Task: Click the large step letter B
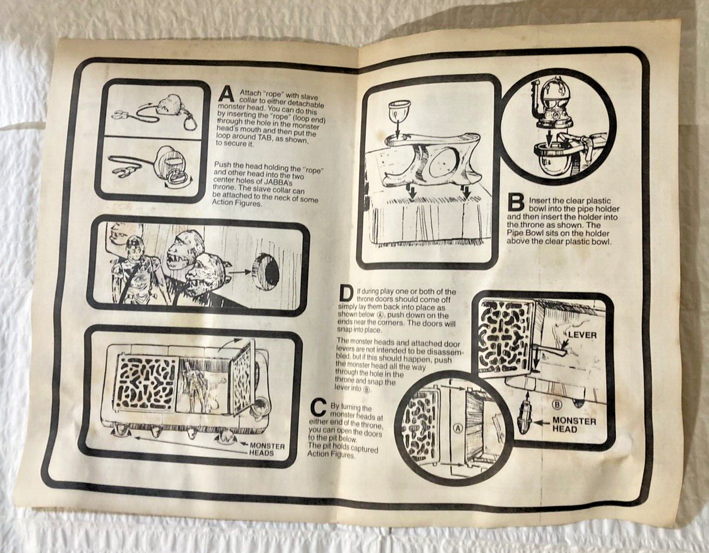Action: [x=516, y=203]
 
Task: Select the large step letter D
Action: [x=346, y=293]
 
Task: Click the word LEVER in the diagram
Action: [x=582, y=335]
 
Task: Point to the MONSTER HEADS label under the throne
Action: [x=267, y=449]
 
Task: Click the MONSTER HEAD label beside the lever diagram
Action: [x=574, y=425]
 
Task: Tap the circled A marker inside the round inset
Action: [x=458, y=429]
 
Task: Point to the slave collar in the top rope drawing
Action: [x=121, y=115]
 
